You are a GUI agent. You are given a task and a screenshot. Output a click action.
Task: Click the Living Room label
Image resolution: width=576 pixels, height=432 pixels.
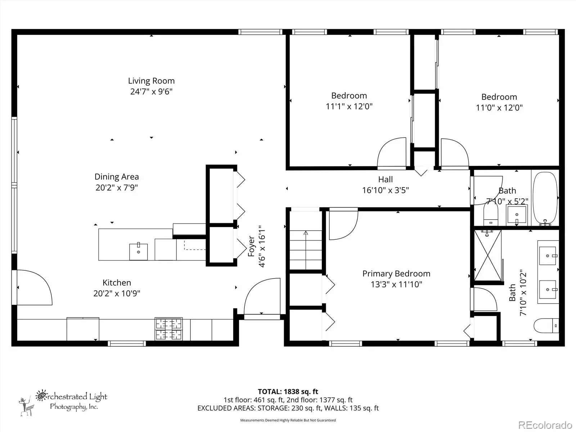point(151,81)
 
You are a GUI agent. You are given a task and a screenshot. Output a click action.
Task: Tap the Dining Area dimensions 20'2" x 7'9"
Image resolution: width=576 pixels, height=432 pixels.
point(117,188)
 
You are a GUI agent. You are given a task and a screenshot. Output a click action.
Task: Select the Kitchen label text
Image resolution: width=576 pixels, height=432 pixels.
point(117,283)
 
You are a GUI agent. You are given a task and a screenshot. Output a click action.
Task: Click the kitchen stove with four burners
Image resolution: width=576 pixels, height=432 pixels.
point(168,329)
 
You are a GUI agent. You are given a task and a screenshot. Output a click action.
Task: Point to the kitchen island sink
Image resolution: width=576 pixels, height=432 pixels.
point(138,252)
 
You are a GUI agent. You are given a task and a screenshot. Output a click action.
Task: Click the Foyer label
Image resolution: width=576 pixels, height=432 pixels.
point(251,246)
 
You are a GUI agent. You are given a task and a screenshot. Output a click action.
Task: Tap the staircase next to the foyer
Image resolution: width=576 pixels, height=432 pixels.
point(306,249)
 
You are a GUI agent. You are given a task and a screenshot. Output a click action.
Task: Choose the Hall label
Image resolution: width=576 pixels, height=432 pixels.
point(386,179)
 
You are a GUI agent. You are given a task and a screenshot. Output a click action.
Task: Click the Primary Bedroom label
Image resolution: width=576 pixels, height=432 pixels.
point(396,274)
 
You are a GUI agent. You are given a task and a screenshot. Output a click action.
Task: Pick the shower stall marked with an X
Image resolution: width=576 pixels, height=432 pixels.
point(487,256)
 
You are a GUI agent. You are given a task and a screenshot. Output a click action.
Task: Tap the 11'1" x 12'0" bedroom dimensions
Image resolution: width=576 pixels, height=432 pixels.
point(349,106)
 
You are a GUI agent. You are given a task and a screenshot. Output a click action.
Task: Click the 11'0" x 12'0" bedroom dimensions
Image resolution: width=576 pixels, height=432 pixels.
point(499,108)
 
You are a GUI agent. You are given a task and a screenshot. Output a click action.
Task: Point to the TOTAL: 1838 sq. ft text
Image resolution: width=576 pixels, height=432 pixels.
point(288,392)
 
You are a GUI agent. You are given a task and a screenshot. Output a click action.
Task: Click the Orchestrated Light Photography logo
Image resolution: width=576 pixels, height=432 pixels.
point(63,402)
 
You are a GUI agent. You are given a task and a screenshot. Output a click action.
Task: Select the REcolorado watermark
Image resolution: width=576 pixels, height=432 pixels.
point(545,425)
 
